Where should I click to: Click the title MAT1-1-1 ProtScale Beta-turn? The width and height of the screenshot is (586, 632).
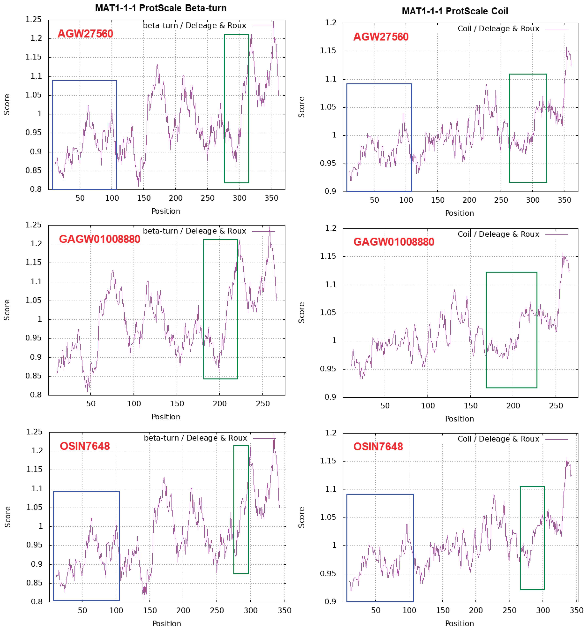161,8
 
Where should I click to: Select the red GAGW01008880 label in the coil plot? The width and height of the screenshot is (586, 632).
393,242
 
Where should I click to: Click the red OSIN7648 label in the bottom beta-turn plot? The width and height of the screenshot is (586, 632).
85,446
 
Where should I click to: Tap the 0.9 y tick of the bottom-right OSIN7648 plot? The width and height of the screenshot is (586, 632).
330,602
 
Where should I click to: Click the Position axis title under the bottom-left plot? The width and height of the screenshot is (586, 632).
167,623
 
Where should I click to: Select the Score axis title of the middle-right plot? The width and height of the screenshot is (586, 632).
301,313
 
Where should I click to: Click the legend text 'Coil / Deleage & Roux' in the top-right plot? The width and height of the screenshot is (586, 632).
498,28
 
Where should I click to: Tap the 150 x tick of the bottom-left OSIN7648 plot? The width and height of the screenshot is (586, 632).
150,610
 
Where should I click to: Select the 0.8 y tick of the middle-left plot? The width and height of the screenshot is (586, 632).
36,395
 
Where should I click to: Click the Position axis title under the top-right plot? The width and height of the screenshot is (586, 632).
459,213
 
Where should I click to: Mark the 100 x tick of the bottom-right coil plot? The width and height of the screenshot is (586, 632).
409,610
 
